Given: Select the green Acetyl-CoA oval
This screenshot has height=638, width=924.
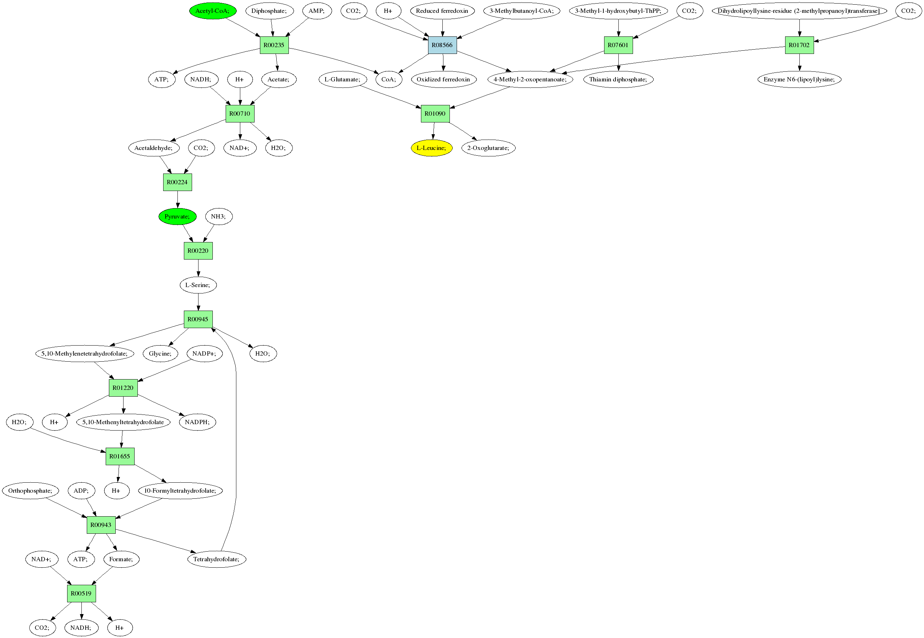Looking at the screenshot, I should pyautogui.click(x=213, y=11).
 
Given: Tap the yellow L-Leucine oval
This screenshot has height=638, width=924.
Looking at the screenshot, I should pyautogui.click(x=431, y=148).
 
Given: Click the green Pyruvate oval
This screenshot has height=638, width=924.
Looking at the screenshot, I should pyautogui.click(x=177, y=217).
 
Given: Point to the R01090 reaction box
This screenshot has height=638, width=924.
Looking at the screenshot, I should pyautogui.click(x=435, y=114).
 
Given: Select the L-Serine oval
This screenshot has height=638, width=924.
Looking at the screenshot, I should pyautogui.click(x=198, y=285).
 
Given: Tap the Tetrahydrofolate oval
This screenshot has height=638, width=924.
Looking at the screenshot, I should pyautogui.click(x=216, y=559).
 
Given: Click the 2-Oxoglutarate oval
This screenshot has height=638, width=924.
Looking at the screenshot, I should pyautogui.click(x=488, y=148).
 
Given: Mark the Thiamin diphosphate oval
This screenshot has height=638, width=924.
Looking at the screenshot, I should pyautogui.click(x=618, y=80).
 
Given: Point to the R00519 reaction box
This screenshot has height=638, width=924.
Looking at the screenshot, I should pyautogui.click(x=81, y=594).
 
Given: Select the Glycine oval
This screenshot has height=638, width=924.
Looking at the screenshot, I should pyautogui.click(x=160, y=354).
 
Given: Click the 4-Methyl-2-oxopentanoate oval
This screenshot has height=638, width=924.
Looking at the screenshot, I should pyautogui.click(x=530, y=80).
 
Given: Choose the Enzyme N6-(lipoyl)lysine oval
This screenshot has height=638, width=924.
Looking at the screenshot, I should pyautogui.click(x=799, y=80).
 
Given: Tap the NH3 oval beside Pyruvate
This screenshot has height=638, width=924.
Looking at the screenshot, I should pyautogui.click(x=219, y=217).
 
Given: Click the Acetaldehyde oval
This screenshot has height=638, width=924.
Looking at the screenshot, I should pyautogui.click(x=154, y=148).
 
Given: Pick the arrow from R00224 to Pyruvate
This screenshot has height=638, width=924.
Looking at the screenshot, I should pyautogui.click(x=178, y=200).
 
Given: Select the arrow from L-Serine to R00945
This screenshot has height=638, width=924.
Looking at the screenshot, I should pyautogui.click(x=198, y=302).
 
